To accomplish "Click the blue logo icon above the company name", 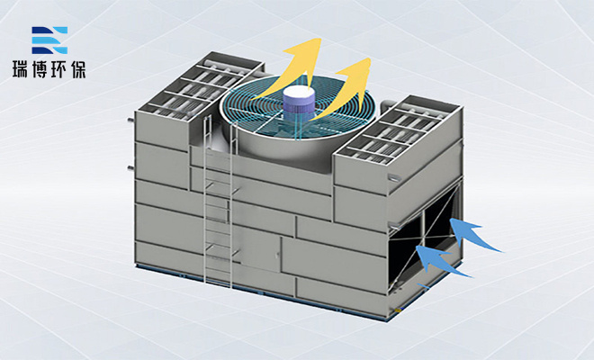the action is click(49, 40).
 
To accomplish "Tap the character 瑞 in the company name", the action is click(21, 69).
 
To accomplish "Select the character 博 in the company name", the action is click(39, 69).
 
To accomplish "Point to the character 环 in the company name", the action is click(58, 69).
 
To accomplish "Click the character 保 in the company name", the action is click(77, 69).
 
